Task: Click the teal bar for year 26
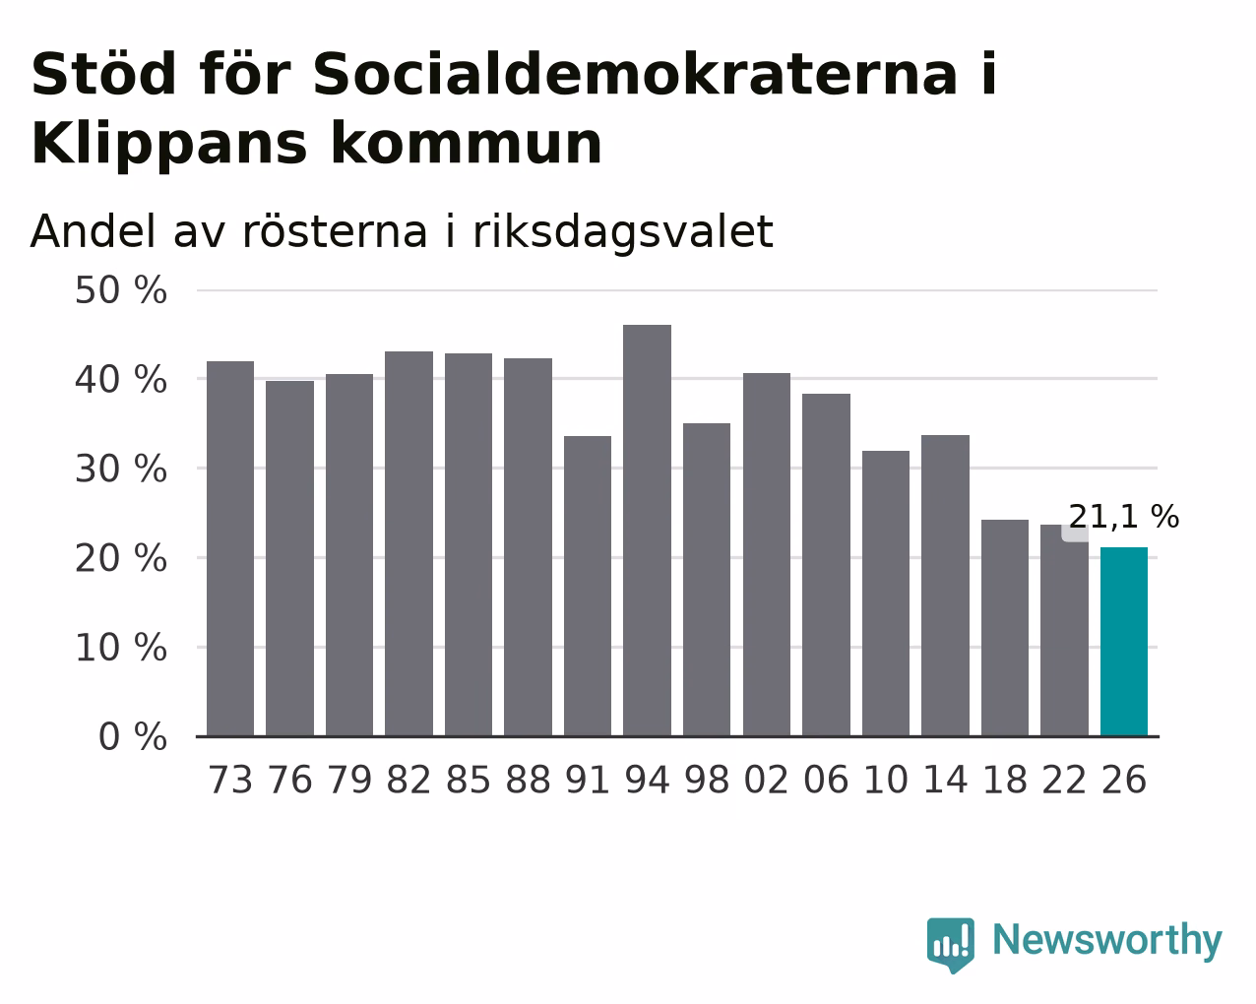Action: pos(1123,642)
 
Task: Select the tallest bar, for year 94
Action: pos(647,530)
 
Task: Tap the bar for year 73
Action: pos(230,548)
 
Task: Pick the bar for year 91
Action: pos(587,586)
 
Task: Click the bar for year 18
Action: pos(1004,628)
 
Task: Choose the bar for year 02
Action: pos(767,554)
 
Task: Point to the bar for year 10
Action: pos(885,594)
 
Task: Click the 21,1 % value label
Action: pos(1123,517)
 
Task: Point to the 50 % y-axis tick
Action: pos(121,290)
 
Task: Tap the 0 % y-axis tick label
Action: pos(133,736)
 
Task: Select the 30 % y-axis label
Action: pos(121,469)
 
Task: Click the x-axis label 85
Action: pos(469,780)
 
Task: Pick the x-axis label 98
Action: pos(707,780)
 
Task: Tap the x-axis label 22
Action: pos(1064,780)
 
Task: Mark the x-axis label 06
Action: pos(826,780)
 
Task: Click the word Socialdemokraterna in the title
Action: pos(635,74)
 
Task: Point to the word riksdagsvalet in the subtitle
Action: pos(623,232)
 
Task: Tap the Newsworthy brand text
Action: pos(1107,941)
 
